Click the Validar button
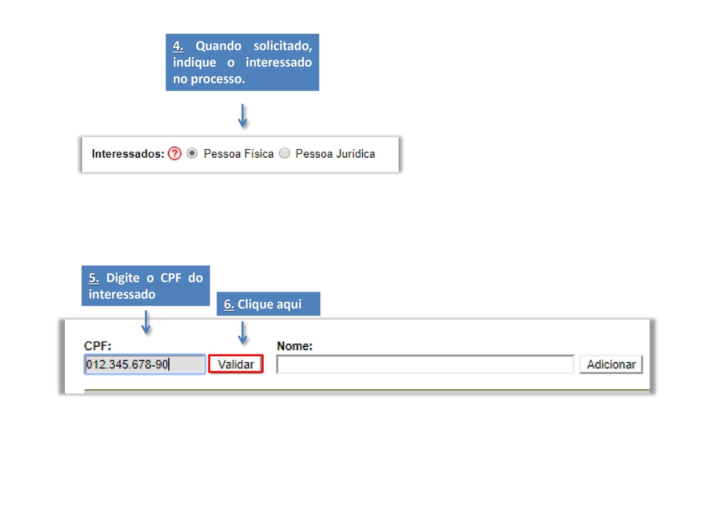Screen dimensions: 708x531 tap(236, 364)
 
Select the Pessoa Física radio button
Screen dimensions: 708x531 tap(191, 153)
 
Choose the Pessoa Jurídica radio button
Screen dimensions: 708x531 tap(284, 153)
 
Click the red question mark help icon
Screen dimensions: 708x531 tap(174, 153)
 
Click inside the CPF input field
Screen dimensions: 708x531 tap(144, 365)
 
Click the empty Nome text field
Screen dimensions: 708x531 tap(425, 365)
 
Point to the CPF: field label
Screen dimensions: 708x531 tap(97, 346)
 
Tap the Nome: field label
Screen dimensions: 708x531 tap(294, 346)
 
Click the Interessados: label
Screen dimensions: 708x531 tap(128, 153)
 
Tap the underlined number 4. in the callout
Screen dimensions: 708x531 tap(178, 46)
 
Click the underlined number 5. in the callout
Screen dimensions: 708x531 tap(94, 278)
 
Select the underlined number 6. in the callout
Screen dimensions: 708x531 tap(228, 304)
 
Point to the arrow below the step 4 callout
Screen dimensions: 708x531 tap(242, 116)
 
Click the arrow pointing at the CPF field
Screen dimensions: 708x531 tap(146, 322)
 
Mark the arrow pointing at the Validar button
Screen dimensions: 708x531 tap(242, 333)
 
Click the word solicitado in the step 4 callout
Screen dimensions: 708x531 tap(283, 46)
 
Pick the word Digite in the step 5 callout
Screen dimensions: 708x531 tap(123, 278)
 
